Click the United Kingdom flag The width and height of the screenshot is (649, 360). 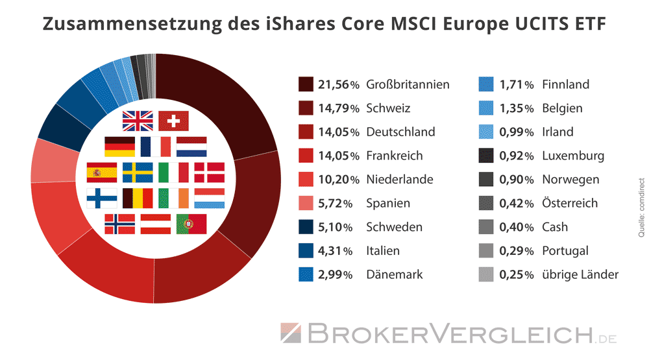(138, 121)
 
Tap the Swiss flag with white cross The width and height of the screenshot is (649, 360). (173, 121)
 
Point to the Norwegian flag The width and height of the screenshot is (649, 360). (119, 224)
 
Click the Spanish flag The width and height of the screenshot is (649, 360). (102, 172)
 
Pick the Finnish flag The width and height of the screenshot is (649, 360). (102, 198)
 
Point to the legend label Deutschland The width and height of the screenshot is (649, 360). (400, 132)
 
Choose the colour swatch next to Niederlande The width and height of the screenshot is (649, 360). (306, 179)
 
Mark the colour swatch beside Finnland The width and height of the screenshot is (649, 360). (486, 84)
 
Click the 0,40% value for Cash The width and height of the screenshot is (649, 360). (517, 227)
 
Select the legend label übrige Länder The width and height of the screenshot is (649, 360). (580, 274)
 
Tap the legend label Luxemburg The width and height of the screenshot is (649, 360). (573, 156)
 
